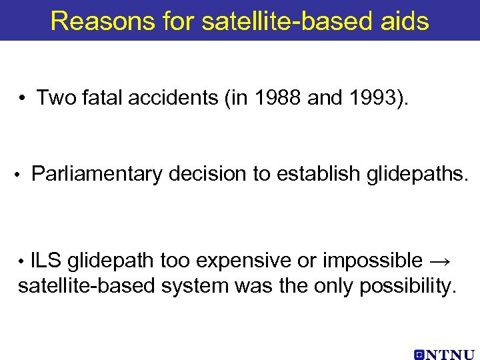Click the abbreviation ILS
point(45,260)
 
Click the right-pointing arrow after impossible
point(442,261)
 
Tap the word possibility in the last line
point(408,287)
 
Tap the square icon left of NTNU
point(419,353)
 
